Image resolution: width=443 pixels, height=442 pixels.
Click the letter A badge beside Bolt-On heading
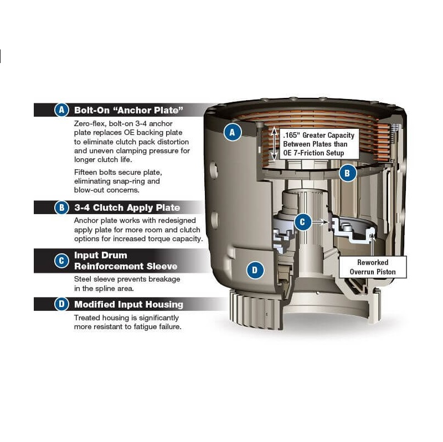[x=61, y=110]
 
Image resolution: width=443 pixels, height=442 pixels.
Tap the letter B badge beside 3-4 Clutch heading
[x=61, y=207]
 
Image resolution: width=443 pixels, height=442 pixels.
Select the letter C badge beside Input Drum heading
[x=61, y=261]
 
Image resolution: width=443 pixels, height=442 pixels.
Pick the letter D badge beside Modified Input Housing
[x=61, y=304]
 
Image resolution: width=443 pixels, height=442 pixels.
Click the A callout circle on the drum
[x=233, y=132]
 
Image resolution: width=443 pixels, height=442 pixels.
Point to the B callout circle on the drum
[x=347, y=173]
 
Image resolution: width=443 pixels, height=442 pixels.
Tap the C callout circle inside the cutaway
[x=302, y=222]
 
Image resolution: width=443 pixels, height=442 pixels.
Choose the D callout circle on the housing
[x=255, y=270]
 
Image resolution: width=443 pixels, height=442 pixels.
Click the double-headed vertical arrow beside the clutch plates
[x=274, y=144]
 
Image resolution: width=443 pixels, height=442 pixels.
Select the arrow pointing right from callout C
[x=321, y=222]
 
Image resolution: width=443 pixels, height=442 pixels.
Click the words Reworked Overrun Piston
[x=373, y=267]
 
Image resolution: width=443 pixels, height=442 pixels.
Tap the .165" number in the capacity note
[x=291, y=135]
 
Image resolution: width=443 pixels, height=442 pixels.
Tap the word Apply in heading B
[x=140, y=208]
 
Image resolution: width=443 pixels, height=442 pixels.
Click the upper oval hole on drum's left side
[x=214, y=170]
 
